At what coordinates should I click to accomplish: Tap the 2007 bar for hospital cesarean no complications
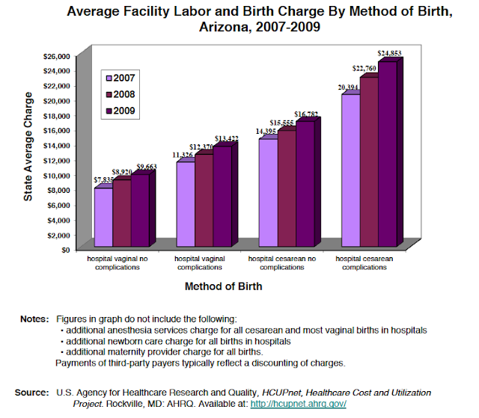(268, 191)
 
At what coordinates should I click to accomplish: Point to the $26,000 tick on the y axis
(65, 56)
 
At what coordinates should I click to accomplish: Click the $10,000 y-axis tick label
(65, 175)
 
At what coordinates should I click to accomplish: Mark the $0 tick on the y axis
(74, 250)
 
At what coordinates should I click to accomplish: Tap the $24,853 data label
(389, 54)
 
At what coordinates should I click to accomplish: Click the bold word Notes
(34, 320)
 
